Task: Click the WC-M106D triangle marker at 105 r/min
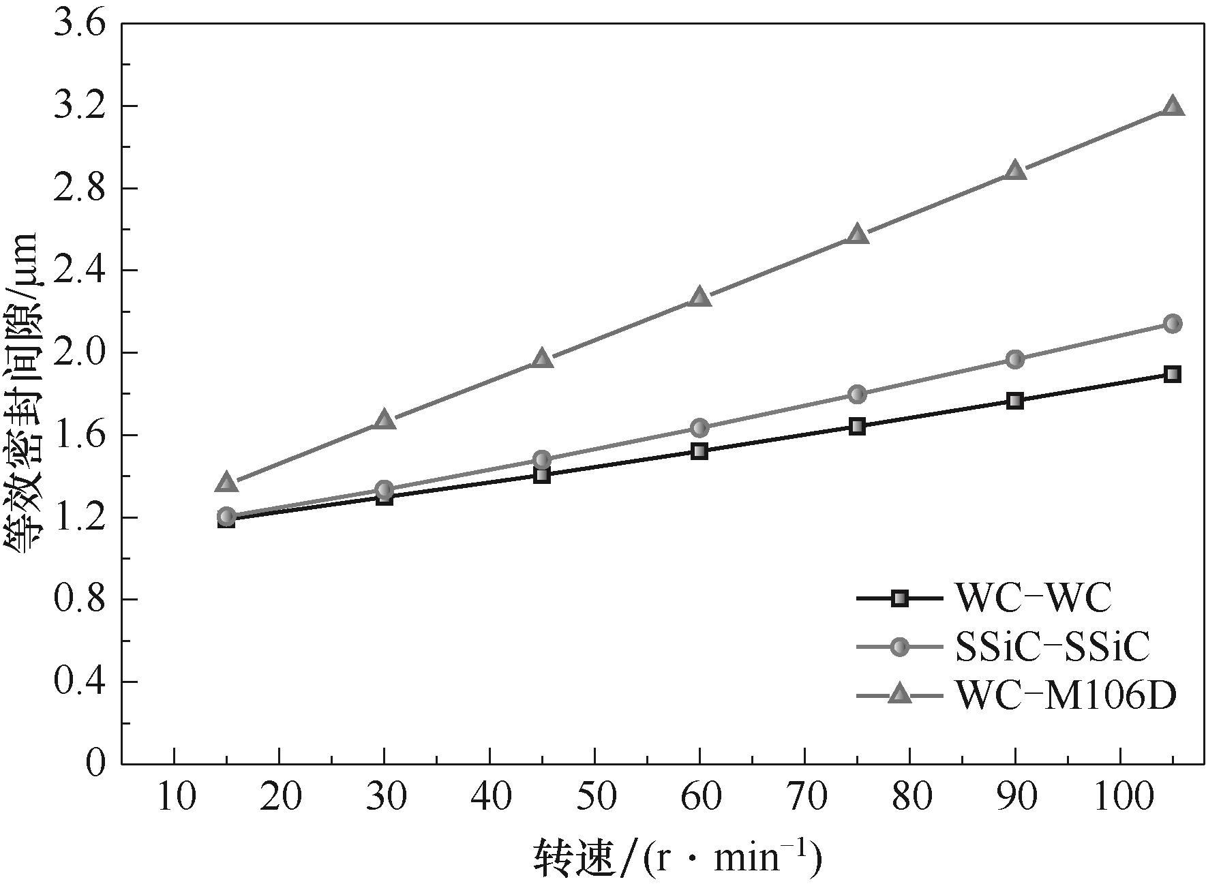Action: pyautogui.click(x=1172, y=107)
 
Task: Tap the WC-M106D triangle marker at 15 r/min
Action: pyautogui.click(x=227, y=483)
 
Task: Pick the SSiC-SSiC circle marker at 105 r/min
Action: pyautogui.click(x=1172, y=324)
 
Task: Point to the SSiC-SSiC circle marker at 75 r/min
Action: pyautogui.click(x=857, y=394)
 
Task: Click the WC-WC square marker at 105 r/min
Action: pyautogui.click(x=1172, y=374)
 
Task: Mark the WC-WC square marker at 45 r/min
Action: pyautogui.click(x=542, y=475)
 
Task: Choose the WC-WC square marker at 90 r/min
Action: pyautogui.click(x=1015, y=401)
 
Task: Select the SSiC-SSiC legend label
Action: pyautogui.click(x=1053, y=647)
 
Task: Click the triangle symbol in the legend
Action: pyautogui.click(x=900, y=695)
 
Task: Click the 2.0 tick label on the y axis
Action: pyautogui.click(x=80, y=353)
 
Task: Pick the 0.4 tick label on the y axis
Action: pyautogui.click(x=80, y=682)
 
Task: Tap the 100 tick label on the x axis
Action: pyautogui.click(x=1120, y=796)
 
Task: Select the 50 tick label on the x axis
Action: pyautogui.click(x=594, y=796)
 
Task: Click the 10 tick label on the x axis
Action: pyautogui.click(x=175, y=796)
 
